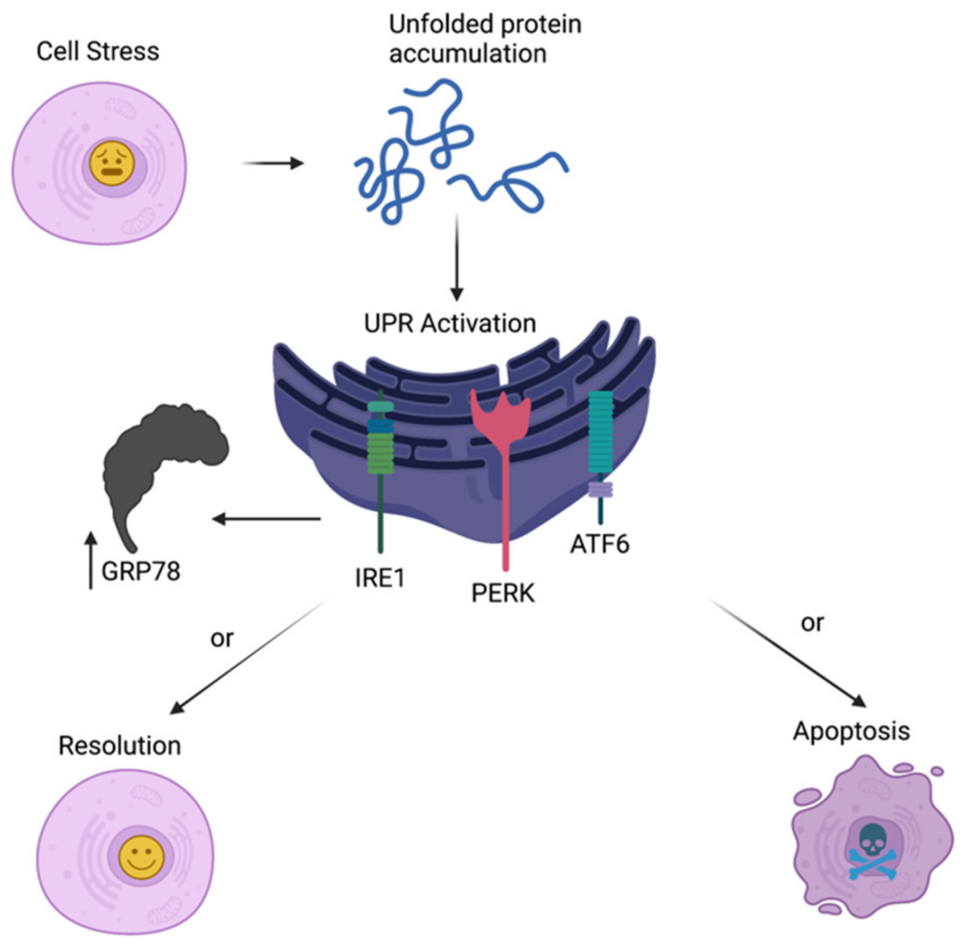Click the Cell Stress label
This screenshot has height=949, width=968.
pyautogui.click(x=98, y=51)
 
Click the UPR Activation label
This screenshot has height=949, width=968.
pyautogui.click(x=450, y=324)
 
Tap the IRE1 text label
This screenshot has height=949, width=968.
pyautogui.click(x=380, y=578)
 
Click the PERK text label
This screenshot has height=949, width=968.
pyautogui.click(x=503, y=593)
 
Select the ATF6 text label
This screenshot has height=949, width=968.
pyautogui.click(x=600, y=544)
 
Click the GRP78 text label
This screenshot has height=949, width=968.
pyautogui.click(x=141, y=571)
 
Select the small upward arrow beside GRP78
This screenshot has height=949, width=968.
pyautogui.click(x=91, y=560)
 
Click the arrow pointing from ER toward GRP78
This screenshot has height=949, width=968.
pyautogui.click(x=266, y=519)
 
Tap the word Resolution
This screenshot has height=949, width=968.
pyautogui.click(x=120, y=746)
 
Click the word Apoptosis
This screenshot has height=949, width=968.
pyautogui.click(x=851, y=732)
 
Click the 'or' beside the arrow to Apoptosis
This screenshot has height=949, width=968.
pyautogui.click(x=812, y=623)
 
